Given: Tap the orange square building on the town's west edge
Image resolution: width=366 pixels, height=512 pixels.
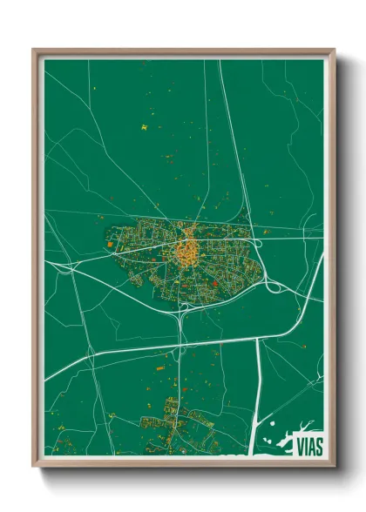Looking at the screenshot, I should point(109,245).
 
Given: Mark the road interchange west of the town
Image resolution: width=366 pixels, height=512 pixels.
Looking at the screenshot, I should point(66,268).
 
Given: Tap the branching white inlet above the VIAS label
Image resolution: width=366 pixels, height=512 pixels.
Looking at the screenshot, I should point(307,425).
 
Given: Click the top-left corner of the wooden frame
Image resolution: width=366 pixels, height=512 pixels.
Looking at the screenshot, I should point(34,50).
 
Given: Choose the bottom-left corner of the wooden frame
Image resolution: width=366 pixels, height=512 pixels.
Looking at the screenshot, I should point(34,466).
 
